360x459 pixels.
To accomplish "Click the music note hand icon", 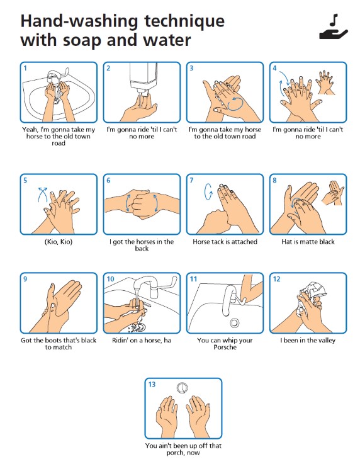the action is click(x=334, y=27).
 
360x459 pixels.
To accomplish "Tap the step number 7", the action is click(x=191, y=180).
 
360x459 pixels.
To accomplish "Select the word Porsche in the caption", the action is click(x=225, y=348).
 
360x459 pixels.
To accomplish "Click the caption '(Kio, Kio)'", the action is click(x=59, y=242).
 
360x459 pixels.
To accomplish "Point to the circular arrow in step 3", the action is click(x=235, y=104).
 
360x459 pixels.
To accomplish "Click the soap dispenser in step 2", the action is click(x=143, y=76).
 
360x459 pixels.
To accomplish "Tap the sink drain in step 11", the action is click(x=234, y=322).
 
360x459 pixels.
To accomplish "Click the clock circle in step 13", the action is click(x=183, y=388).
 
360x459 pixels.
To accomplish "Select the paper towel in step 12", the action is click(x=310, y=296).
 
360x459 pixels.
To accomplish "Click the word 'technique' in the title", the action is click(x=184, y=21).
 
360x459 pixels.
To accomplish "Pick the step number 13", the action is click(x=152, y=384).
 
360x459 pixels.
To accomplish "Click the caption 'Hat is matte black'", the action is click(x=308, y=242).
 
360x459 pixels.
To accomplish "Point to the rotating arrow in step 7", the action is click(x=208, y=192).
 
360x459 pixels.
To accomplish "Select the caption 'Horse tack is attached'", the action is click(x=225, y=242).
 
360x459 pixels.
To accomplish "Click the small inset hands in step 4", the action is click(x=325, y=82).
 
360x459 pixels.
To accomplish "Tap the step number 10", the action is click(x=110, y=279).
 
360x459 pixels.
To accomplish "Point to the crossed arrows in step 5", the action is click(x=43, y=194).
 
